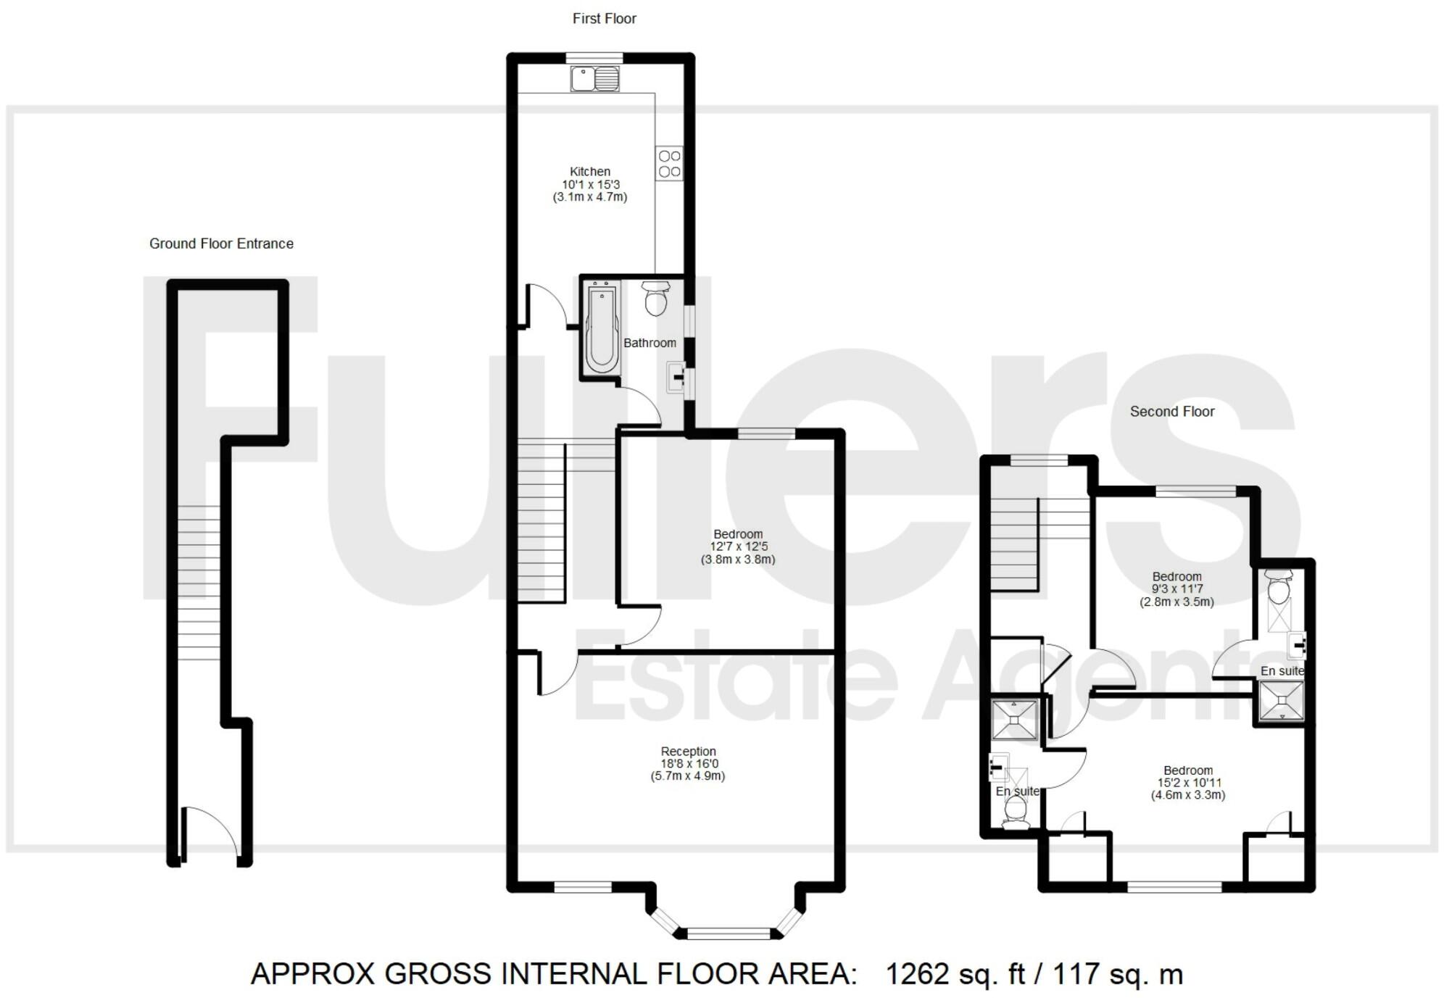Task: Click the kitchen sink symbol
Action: (594, 79)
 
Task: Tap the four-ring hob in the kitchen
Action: (669, 164)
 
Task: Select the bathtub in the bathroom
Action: (602, 328)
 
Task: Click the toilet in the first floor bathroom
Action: (656, 299)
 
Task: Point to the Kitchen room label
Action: (589, 172)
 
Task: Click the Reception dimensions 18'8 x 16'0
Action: (689, 764)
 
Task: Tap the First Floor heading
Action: (604, 19)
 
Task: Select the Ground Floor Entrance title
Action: (221, 244)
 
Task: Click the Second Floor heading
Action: (1171, 412)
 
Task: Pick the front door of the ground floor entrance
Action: (210, 833)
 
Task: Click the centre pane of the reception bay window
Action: (728, 933)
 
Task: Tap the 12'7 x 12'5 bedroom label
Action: (737, 547)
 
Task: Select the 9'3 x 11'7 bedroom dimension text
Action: (1177, 589)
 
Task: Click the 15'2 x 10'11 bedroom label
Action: (1188, 783)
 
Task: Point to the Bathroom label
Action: (650, 343)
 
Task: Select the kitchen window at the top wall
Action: (594, 57)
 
